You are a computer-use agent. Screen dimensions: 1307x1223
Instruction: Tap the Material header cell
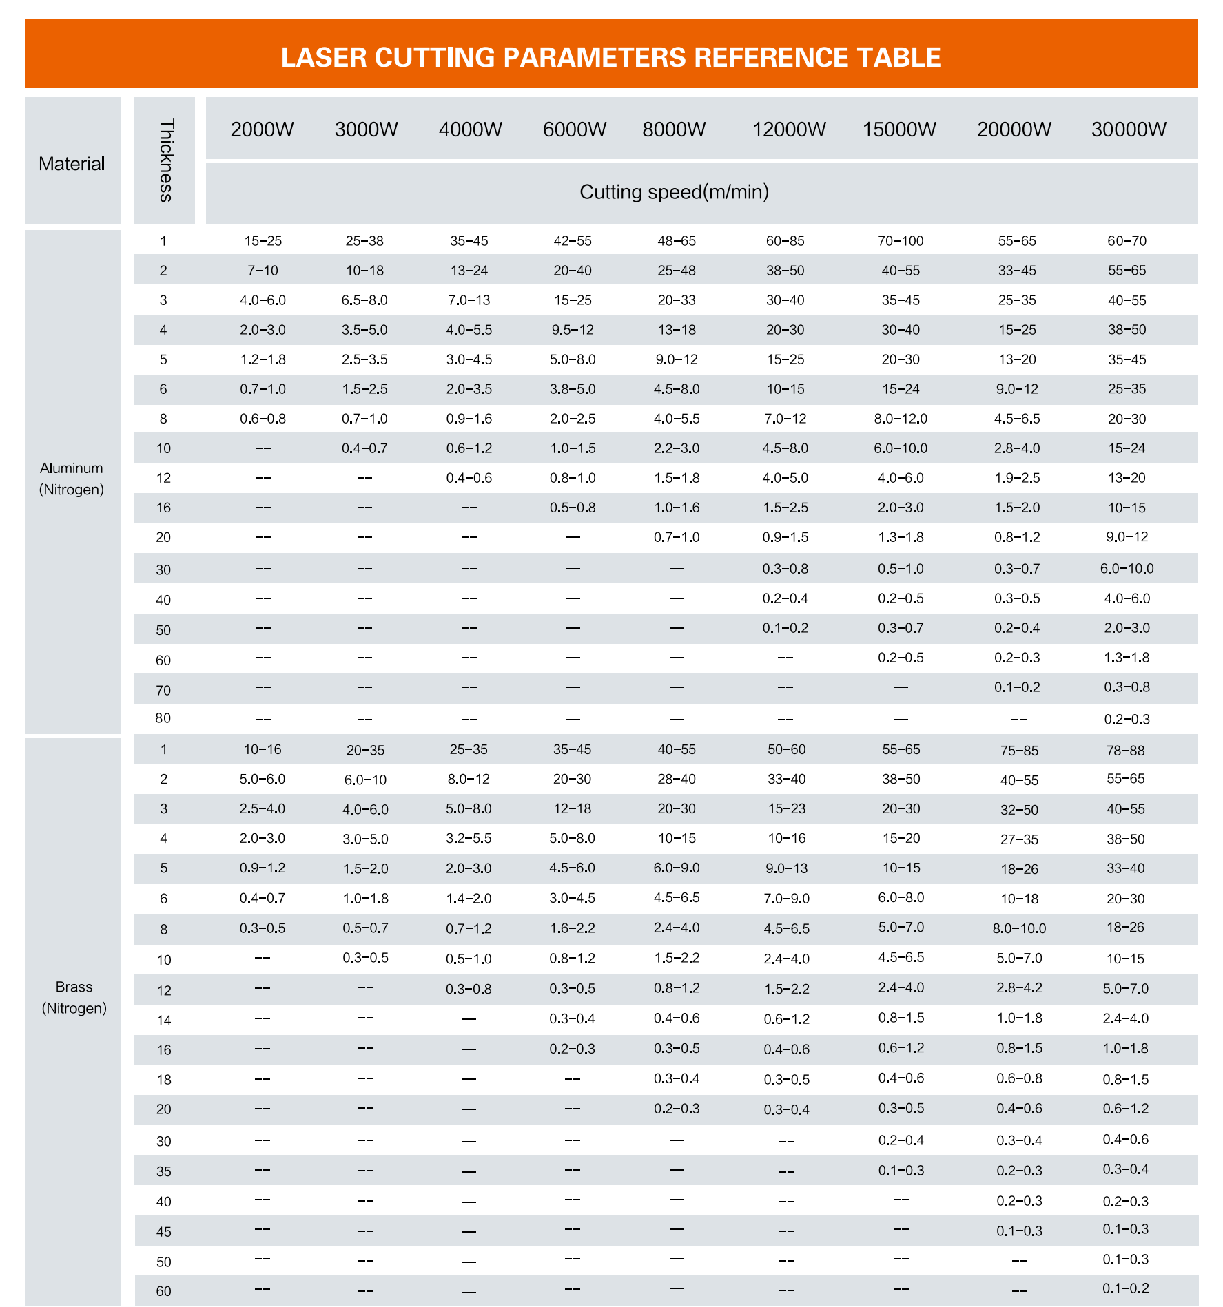pyautogui.click(x=72, y=164)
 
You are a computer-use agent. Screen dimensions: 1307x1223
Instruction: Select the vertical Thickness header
pyautogui.click(x=165, y=160)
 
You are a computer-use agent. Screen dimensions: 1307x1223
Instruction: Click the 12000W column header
pyautogui.click(x=789, y=129)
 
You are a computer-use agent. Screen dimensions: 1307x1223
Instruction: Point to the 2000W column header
pyautogui.click(x=263, y=129)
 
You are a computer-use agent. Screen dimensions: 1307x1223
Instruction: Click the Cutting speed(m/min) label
pyautogui.click(x=674, y=192)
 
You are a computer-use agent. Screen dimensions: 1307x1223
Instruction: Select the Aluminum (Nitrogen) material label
pyautogui.click(x=72, y=479)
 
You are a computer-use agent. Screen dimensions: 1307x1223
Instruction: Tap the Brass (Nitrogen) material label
pyautogui.click(x=74, y=997)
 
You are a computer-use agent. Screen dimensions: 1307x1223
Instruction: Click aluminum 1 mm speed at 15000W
pyautogui.click(x=901, y=241)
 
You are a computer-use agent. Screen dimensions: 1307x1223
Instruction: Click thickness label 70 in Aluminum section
pyautogui.click(x=163, y=690)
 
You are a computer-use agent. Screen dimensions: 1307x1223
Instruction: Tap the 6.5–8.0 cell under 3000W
pyautogui.click(x=364, y=300)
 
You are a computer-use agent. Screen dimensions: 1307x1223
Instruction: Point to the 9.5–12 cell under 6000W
pyautogui.click(x=572, y=330)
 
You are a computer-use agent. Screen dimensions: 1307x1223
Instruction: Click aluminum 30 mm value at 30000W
pyautogui.click(x=1127, y=569)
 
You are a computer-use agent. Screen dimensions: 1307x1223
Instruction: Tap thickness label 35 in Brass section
pyautogui.click(x=164, y=1171)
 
